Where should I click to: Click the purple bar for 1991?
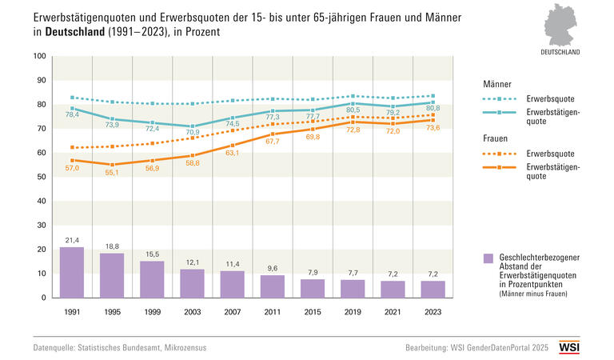click(x=72, y=272)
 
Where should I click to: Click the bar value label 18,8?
click(x=112, y=246)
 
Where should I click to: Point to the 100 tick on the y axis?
click(x=39, y=56)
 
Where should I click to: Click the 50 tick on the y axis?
click(x=42, y=177)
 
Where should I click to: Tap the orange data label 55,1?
click(x=112, y=173)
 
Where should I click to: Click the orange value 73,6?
click(x=433, y=128)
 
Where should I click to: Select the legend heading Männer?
click(x=498, y=83)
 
